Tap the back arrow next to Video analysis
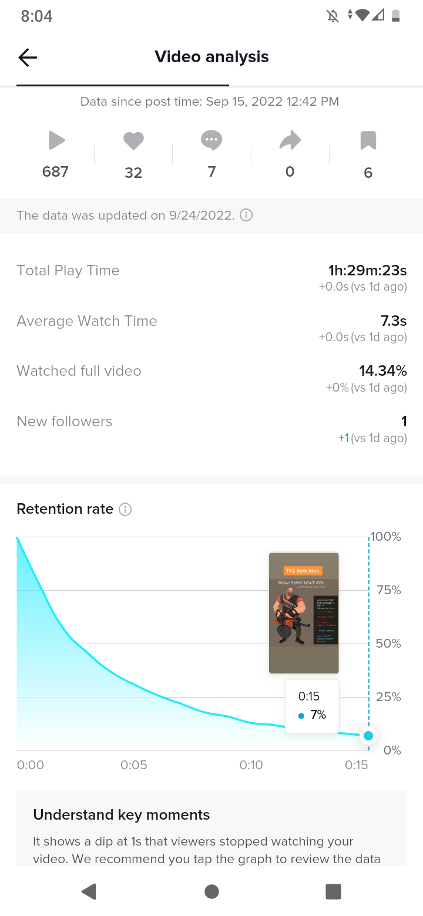[28, 57]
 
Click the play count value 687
[55, 171]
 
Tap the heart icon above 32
[133, 141]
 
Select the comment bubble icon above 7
[211, 140]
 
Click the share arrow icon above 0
[290, 140]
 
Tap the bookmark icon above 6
[368, 141]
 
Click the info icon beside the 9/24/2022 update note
[247, 215]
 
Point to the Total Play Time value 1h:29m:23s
[367, 271]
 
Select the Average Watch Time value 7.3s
[393, 321]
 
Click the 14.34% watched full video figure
[382, 371]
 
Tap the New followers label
[65, 422]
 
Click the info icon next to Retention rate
[125, 510]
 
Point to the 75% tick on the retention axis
[388, 590]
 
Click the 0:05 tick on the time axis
[134, 765]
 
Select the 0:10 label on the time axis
[251, 765]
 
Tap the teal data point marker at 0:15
[368, 736]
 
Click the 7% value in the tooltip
[318, 715]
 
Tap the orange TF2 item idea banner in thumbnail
[303, 571]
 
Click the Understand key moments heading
[122, 815]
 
